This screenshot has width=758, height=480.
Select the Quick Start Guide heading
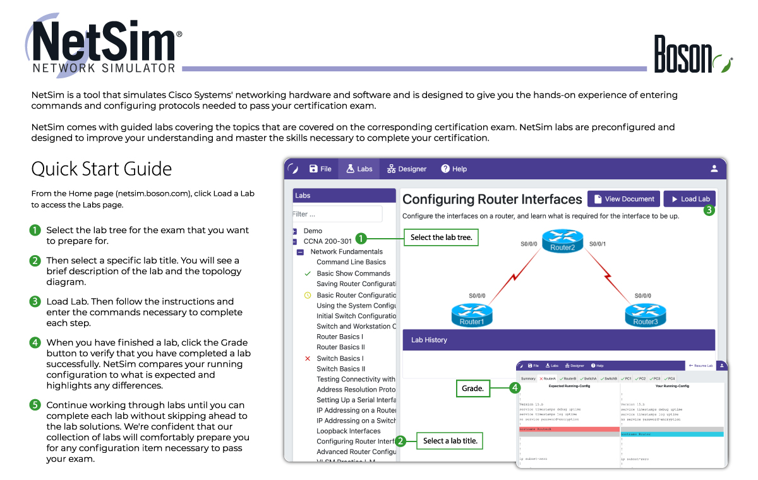pos(102,169)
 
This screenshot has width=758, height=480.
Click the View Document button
pos(623,199)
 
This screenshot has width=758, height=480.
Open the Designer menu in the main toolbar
pos(407,169)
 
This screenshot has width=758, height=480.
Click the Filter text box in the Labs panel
pos(338,214)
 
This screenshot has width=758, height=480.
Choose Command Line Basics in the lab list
pos(351,262)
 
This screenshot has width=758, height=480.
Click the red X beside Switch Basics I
pos(308,358)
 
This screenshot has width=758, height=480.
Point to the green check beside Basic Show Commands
pos(308,273)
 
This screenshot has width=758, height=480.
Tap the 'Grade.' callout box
pos(472,388)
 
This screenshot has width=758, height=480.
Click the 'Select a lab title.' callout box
pos(450,440)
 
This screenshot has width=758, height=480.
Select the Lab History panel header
pos(558,340)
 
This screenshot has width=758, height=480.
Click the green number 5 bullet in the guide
pos(35,405)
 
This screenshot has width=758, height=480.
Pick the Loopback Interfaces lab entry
pos(349,431)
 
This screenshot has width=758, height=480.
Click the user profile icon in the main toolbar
pos(714,169)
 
